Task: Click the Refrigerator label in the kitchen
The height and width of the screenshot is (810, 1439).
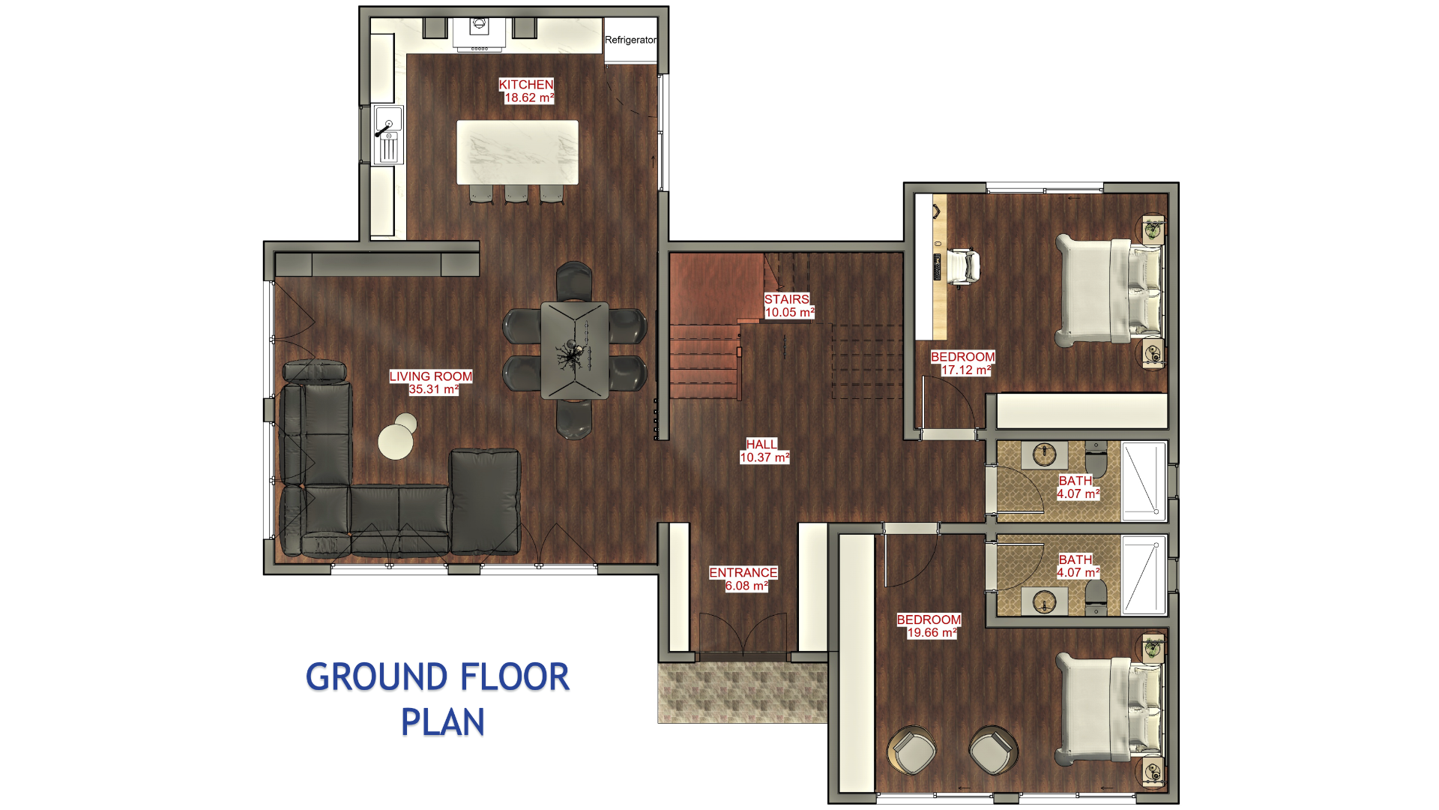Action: tap(630, 40)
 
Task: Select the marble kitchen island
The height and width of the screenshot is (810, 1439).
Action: tap(517, 152)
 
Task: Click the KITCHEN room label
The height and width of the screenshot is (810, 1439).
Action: tap(526, 85)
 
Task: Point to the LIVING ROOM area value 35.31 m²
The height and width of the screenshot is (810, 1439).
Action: tap(433, 389)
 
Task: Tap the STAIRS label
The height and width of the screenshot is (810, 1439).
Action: tap(787, 299)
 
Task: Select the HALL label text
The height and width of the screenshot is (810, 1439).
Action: tap(762, 444)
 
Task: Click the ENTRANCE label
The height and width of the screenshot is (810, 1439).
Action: tap(743, 573)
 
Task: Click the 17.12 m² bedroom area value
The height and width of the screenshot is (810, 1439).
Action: tap(966, 370)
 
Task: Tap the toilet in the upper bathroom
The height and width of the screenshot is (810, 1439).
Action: tap(1096, 459)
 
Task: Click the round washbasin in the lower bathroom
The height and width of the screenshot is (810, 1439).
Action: tap(1044, 601)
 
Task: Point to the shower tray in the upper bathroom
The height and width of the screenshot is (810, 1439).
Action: tap(1144, 481)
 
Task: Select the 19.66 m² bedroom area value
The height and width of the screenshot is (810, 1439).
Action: tap(932, 632)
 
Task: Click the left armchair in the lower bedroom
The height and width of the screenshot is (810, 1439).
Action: tap(912, 750)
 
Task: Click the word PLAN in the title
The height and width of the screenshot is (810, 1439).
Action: tap(443, 722)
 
